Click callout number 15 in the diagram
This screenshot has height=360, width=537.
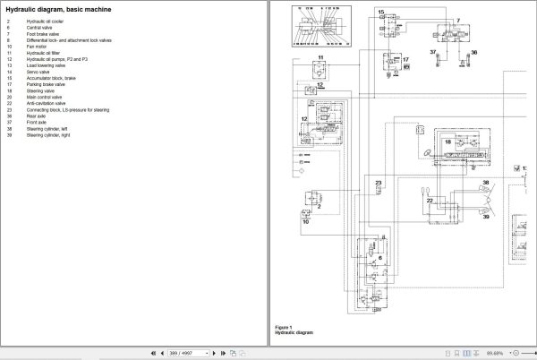click(x=379, y=13)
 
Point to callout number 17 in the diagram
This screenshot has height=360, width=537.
click(x=405, y=61)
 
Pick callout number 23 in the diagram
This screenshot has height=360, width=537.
click(x=378, y=183)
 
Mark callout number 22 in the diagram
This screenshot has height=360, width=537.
click(x=430, y=201)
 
